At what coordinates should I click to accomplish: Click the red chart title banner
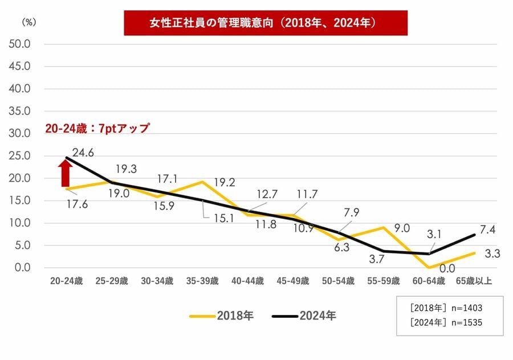tap(266, 23)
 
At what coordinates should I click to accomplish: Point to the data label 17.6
tap(76, 203)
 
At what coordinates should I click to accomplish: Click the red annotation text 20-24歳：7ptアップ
tap(96, 128)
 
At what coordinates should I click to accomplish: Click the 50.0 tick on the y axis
tap(19, 44)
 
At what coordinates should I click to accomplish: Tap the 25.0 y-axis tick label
tap(19, 156)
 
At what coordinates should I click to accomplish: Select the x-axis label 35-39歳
tap(202, 281)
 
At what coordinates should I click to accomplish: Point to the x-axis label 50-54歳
tap(338, 281)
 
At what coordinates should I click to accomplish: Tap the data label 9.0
tap(402, 228)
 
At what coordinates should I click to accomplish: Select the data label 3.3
tap(492, 253)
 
